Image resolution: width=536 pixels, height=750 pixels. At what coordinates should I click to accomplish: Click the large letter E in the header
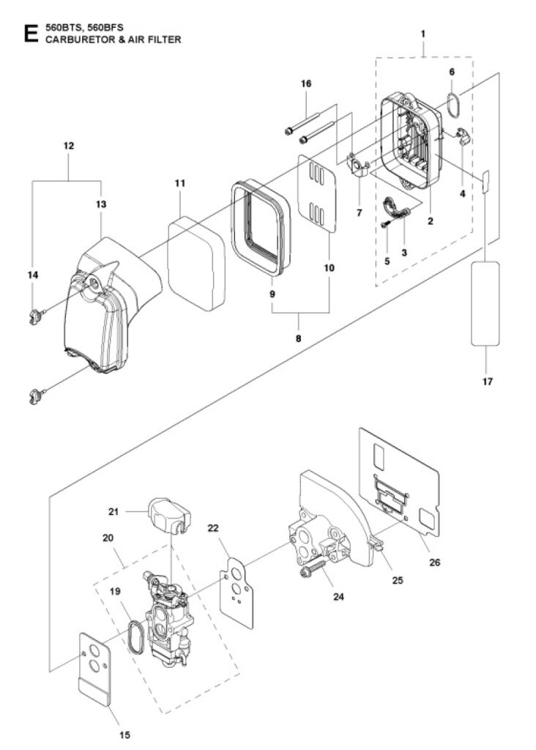(x=31, y=34)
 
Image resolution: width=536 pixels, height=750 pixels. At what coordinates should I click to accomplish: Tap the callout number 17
(x=487, y=381)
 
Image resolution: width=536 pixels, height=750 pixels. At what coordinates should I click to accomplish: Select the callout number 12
(x=69, y=146)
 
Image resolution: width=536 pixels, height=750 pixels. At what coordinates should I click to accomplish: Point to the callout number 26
(x=435, y=562)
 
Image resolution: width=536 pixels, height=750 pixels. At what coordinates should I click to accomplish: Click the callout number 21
(x=113, y=512)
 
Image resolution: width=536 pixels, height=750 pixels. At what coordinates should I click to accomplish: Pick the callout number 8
(x=299, y=338)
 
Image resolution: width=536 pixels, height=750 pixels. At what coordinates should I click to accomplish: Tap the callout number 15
(x=124, y=735)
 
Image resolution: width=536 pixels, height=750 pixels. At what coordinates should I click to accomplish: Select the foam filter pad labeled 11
(x=196, y=264)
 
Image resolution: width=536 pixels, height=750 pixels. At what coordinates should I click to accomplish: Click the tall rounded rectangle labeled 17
(x=485, y=303)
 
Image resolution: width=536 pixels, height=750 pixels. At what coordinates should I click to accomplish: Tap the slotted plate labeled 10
(x=316, y=193)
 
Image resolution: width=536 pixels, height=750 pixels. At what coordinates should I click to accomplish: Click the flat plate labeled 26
(x=399, y=480)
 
